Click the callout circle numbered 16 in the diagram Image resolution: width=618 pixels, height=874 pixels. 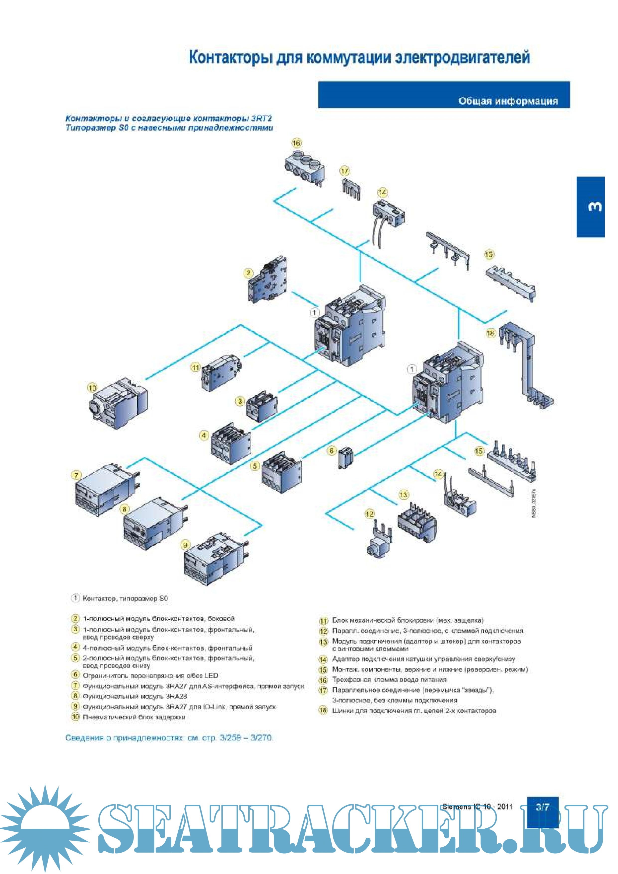coord(296,143)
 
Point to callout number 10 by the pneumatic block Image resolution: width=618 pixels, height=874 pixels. coord(92,388)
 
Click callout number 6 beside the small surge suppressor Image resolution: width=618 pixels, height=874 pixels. coord(332,451)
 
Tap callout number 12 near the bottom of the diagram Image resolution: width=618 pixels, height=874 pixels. coord(369,514)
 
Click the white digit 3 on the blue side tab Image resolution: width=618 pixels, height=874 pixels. coord(595,207)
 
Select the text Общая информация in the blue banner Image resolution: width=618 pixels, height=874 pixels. coord(508,101)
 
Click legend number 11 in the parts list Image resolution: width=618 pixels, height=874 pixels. coord(323,621)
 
